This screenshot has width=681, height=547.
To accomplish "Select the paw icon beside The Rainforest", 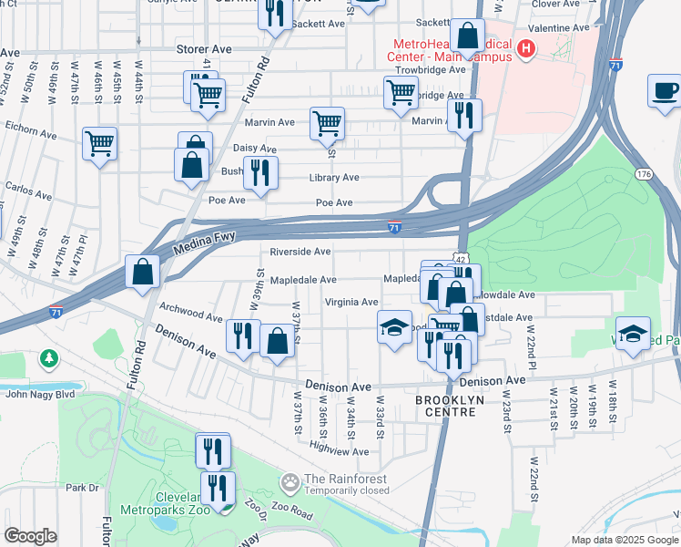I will [x=290, y=480].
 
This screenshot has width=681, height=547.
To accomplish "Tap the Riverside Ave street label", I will [x=300, y=252].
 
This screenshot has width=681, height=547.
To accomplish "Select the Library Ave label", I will [x=334, y=178].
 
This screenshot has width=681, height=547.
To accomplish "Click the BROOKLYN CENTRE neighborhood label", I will [x=446, y=407].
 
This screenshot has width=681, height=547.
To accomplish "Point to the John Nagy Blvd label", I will [x=40, y=394].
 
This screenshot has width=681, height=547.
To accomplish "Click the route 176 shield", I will [x=645, y=173].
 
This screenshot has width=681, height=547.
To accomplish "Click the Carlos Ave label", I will [x=28, y=192].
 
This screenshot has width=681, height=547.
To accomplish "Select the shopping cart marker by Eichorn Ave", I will [x=99, y=143].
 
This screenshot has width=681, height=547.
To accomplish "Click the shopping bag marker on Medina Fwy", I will [x=143, y=272].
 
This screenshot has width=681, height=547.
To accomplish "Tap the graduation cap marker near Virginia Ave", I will [x=393, y=327].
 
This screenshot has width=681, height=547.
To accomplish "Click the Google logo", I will [x=30, y=535].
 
